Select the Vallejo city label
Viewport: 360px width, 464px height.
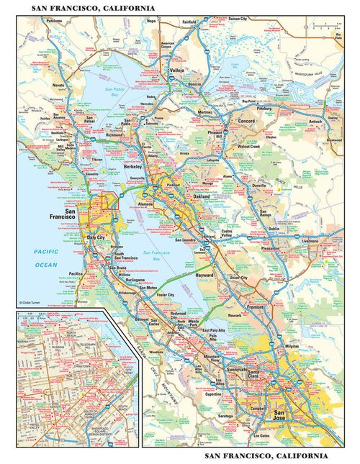[176, 71]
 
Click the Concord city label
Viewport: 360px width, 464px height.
[247, 121]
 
